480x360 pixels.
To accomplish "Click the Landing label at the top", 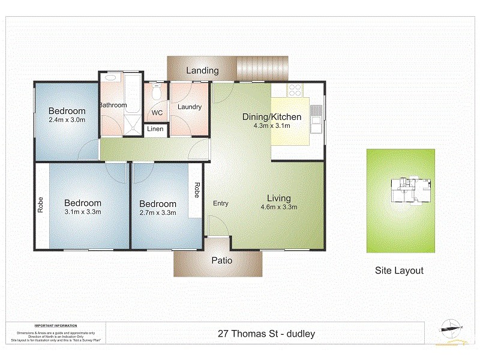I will pos(202,70).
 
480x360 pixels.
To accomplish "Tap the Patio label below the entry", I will pos(221,261).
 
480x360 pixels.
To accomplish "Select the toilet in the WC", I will pos(157,94).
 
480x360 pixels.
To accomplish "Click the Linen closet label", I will pos(155,129).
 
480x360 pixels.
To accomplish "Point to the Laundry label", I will pos(189,107).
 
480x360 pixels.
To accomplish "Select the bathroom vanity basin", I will pos(110,78).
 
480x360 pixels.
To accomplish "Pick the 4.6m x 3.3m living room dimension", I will pos(279,208).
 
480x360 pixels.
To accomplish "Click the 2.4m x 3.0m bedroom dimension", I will pos(67,119).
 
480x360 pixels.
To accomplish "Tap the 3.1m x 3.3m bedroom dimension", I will pos(83,212).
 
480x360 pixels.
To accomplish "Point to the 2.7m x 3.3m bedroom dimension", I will pos(158,212).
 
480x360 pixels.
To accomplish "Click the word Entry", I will pos(220,203).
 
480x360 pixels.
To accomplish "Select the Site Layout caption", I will pos(399,271).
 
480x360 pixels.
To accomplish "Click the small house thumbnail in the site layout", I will pos(410,190).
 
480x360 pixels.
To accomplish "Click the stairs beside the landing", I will pos(262,68).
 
